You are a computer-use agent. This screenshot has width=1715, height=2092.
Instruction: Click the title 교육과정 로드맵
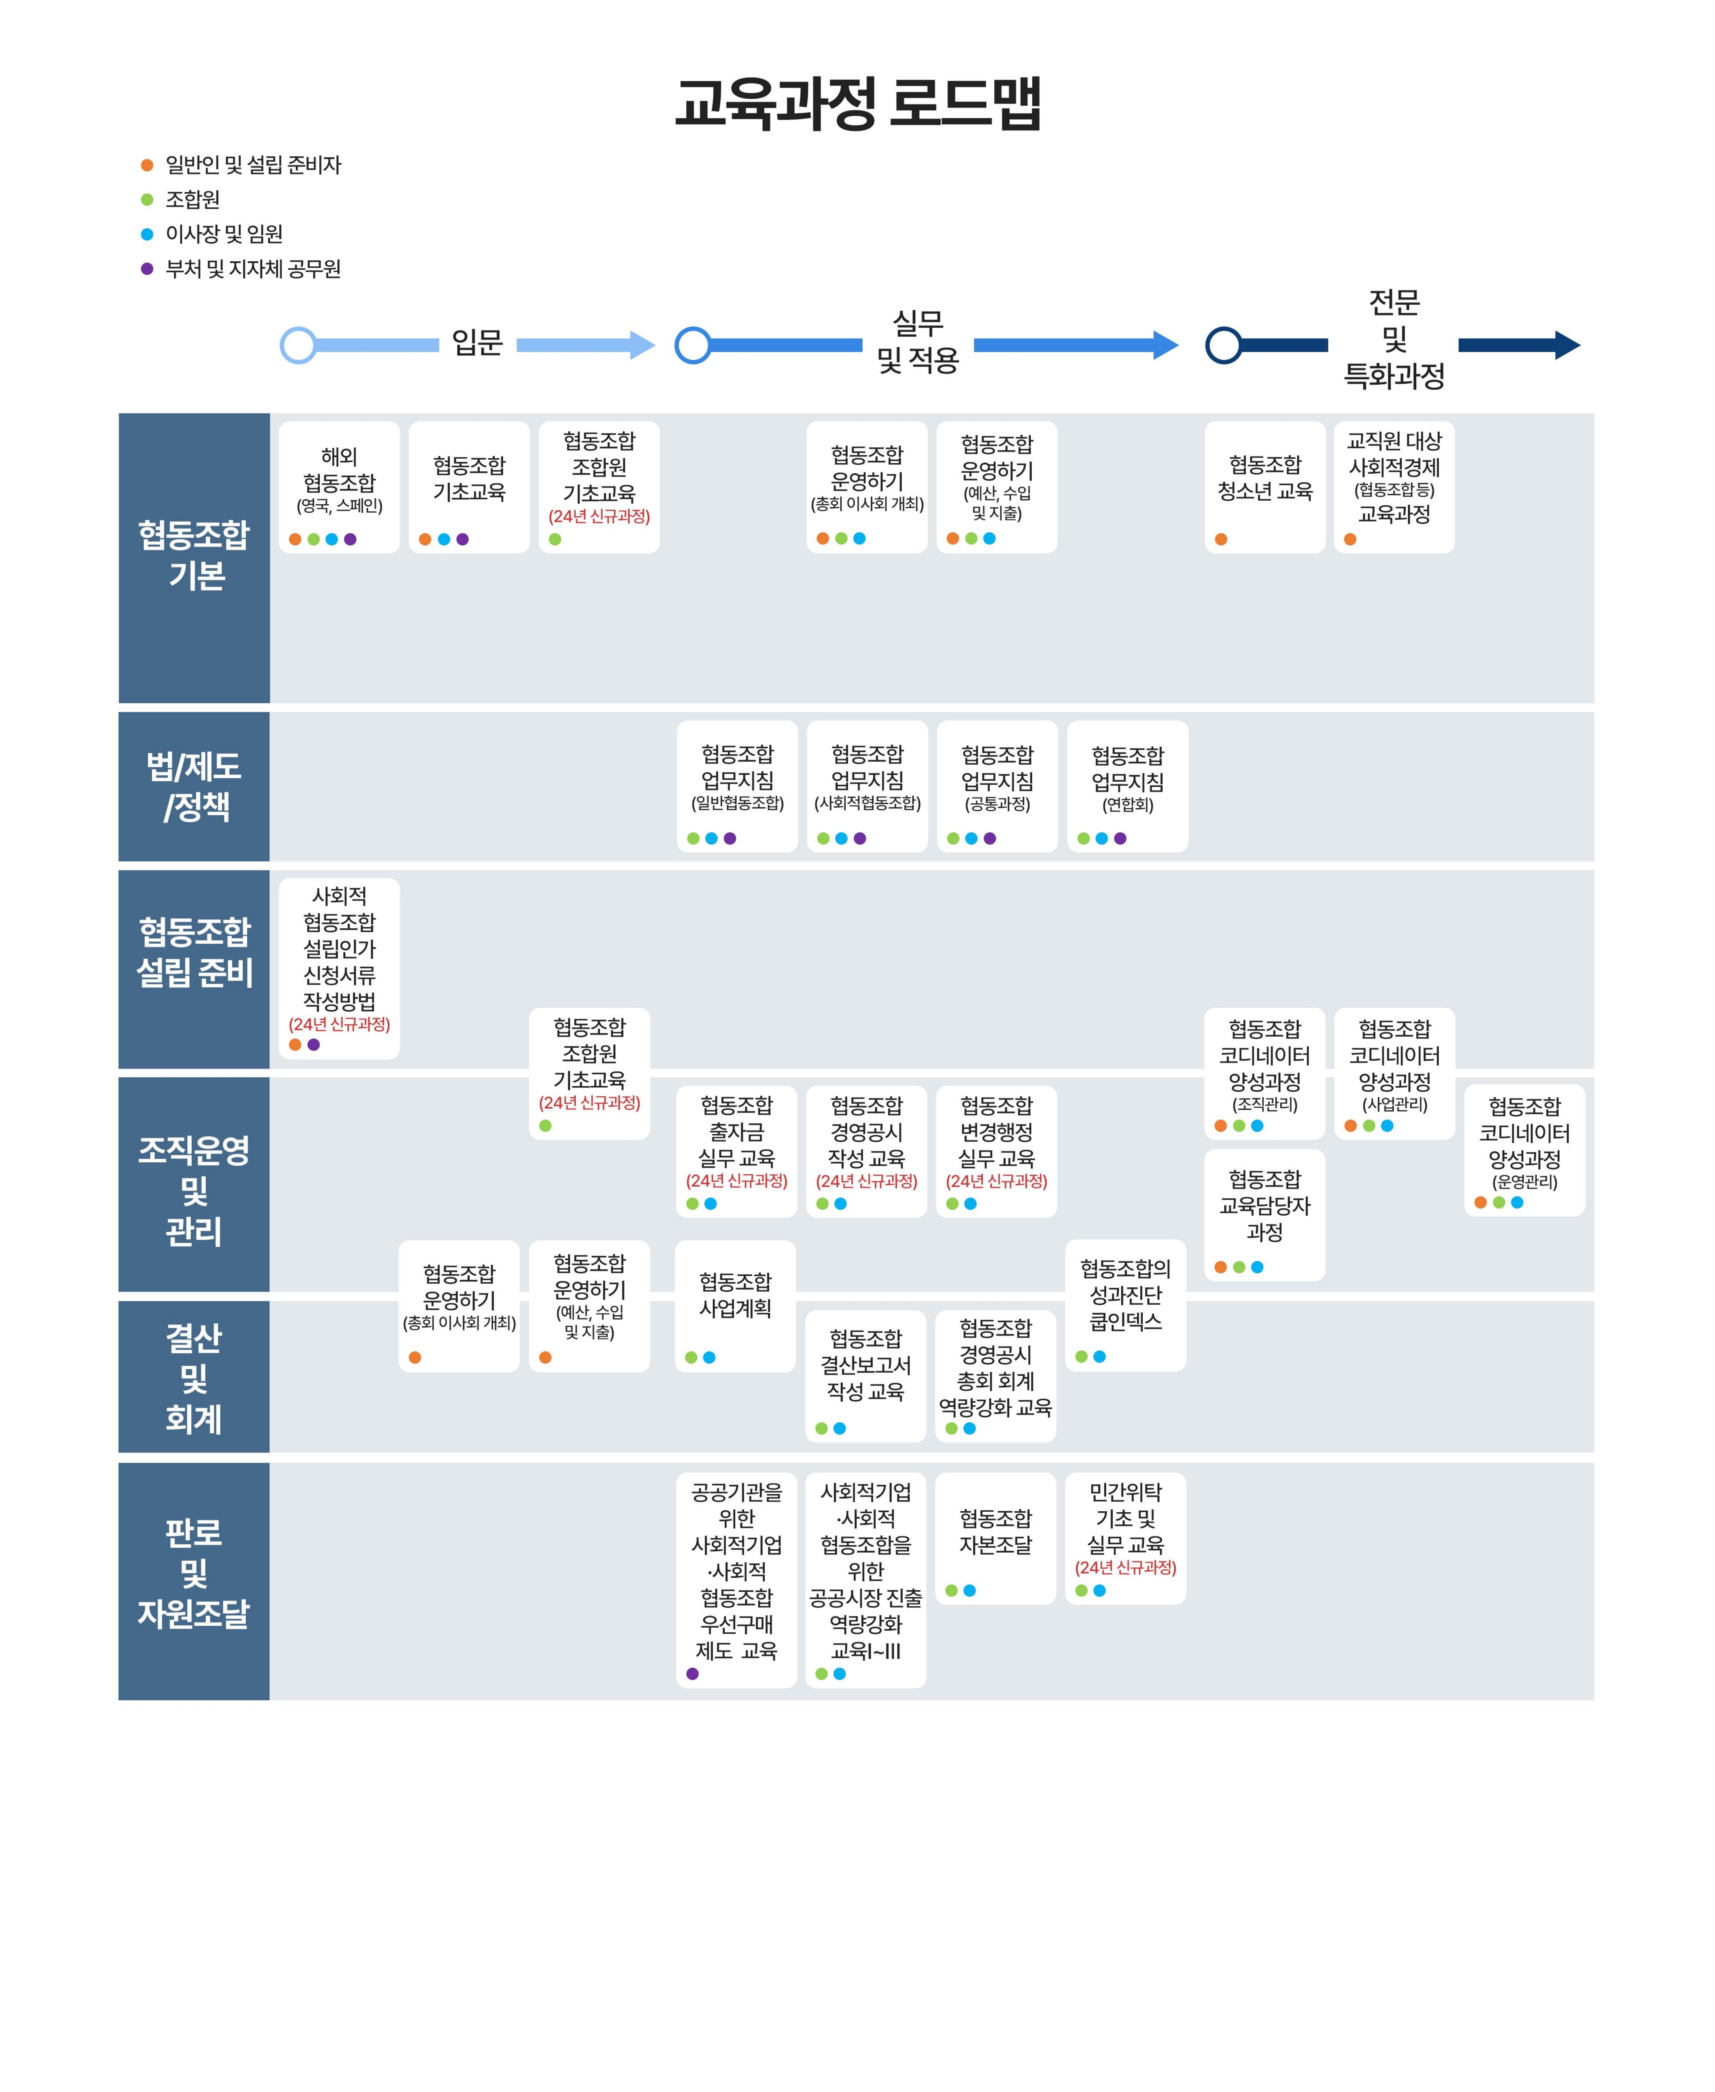click(x=857, y=103)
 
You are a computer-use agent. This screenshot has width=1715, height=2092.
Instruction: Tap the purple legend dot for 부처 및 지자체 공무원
click(x=147, y=269)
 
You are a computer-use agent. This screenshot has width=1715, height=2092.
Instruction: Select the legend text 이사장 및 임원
click(x=224, y=234)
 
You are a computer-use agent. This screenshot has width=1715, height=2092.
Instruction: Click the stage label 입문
click(x=477, y=343)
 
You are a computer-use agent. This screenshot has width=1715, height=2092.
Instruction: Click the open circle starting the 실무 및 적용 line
click(x=693, y=345)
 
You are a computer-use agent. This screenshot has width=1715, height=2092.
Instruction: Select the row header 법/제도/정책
click(x=194, y=787)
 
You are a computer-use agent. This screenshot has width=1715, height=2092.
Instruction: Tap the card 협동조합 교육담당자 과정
click(x=1265, y=1215)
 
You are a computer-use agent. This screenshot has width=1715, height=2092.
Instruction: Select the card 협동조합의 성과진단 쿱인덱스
click(x=1125, y=1305)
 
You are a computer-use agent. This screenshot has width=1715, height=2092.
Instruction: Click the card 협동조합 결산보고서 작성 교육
click(x=865, y=1375)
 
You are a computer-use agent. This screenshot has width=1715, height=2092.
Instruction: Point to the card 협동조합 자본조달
click(x=995, y=1538)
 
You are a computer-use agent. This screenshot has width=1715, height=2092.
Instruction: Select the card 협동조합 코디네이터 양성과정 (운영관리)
click(x=1524, y=1150)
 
